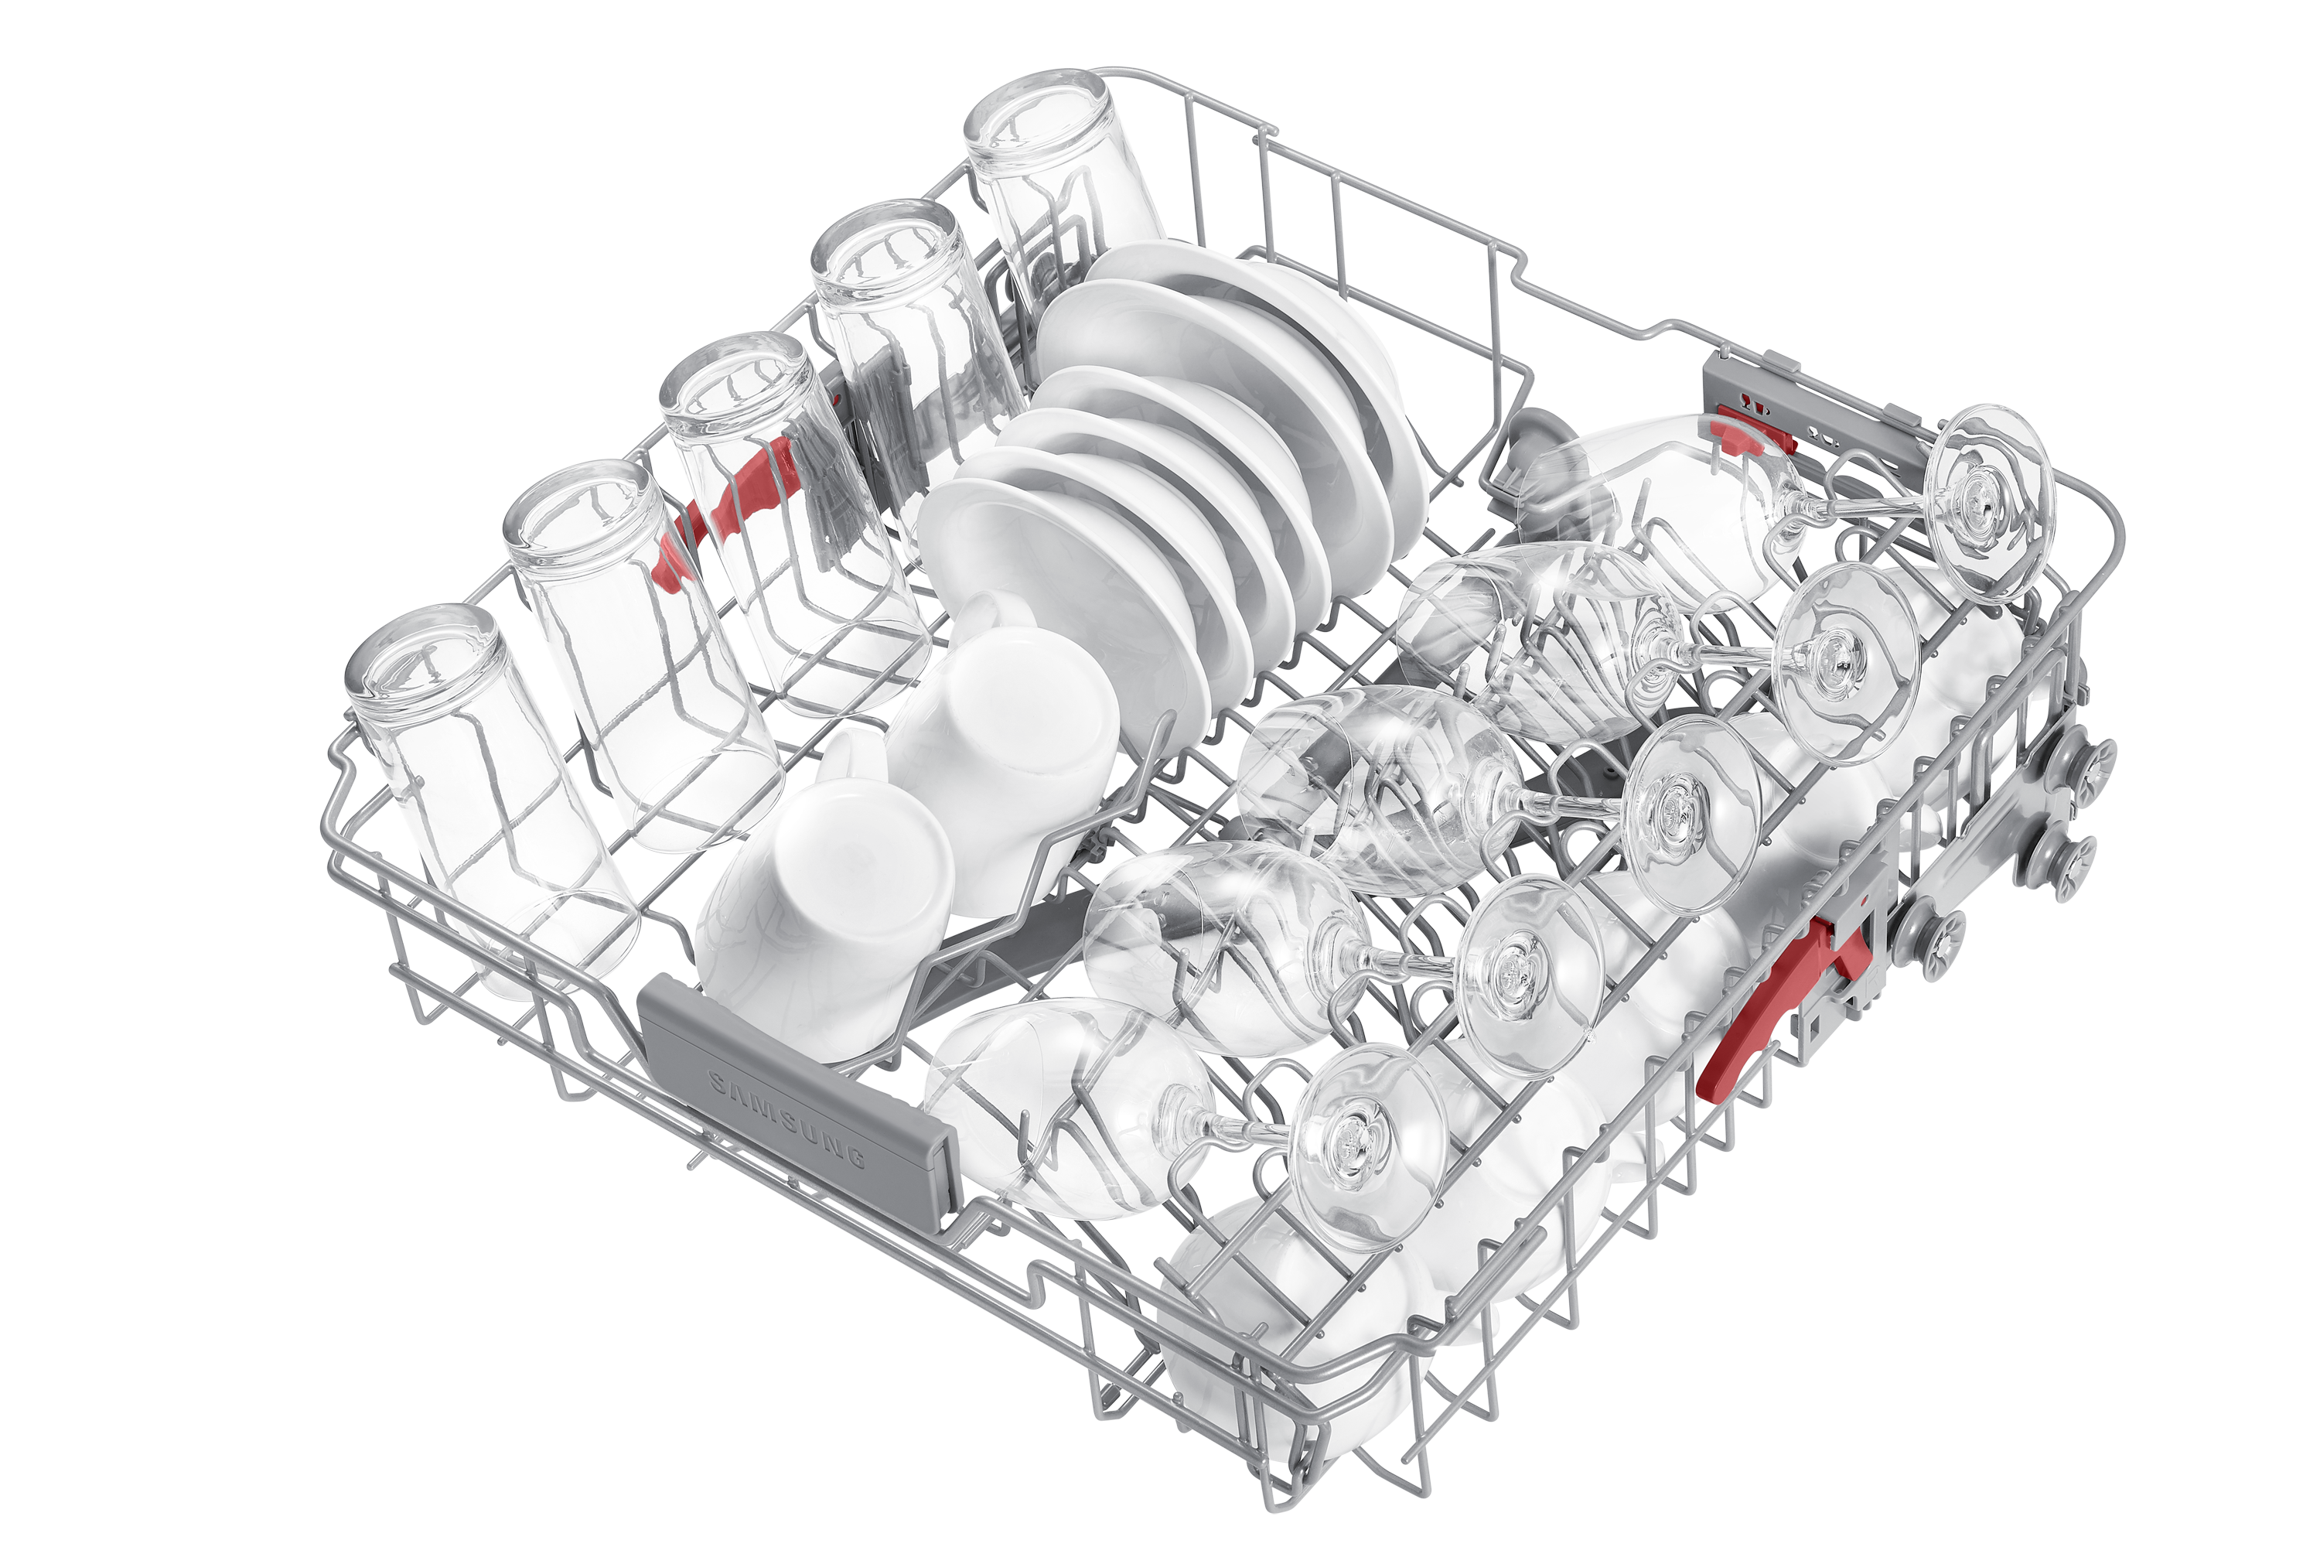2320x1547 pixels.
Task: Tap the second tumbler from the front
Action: pyautogui.click(x=641, y=651)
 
